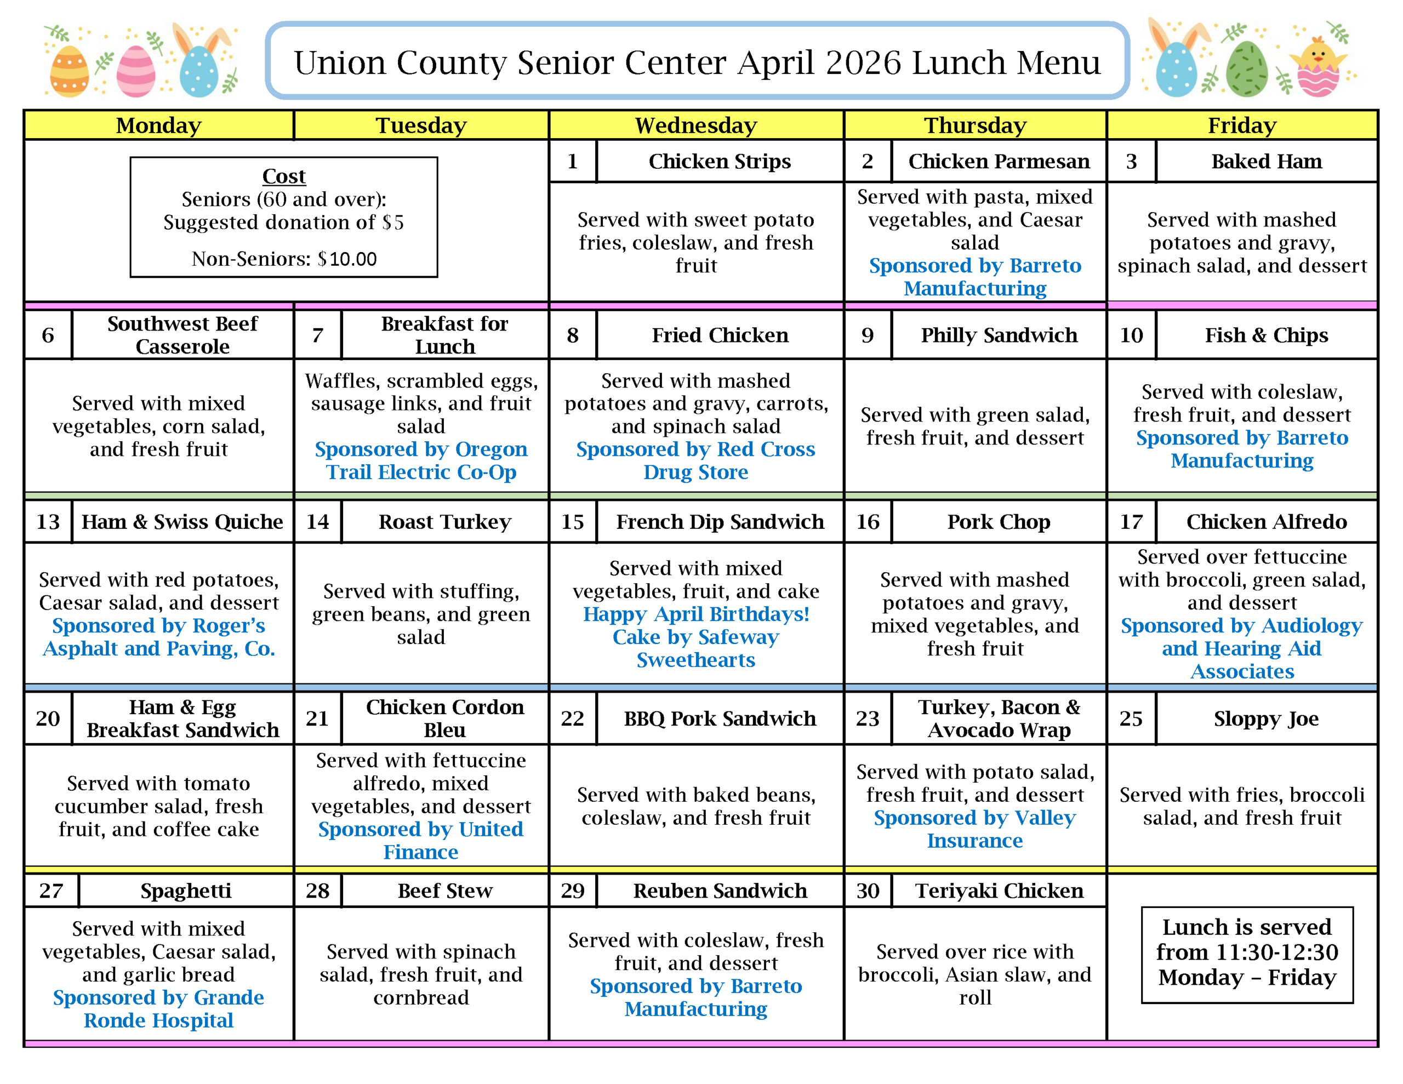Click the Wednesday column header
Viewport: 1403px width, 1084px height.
tap(695, 125)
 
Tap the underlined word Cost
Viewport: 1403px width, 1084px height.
tap(283, 176)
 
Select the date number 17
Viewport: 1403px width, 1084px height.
tap(1131, 521)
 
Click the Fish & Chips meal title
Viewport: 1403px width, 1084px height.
tap(1265, 335)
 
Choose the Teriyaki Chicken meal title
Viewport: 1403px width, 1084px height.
tap(999, 891)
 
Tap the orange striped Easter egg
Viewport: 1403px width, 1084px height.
tap(70, 71)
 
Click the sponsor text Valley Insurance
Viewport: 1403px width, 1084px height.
tap(974, 829)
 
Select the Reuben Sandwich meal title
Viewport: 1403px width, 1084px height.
tap(720, 891)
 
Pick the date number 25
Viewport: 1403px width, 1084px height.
tap(1131, 718)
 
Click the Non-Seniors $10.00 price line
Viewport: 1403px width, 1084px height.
tap(283, 259)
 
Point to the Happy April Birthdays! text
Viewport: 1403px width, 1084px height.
tap(695, 614)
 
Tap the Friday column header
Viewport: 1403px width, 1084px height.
tap(1241, 125)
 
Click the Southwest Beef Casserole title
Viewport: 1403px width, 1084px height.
tap(182, 335)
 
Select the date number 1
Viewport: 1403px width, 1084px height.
tap(572, 161)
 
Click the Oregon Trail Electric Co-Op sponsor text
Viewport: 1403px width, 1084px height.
tap(421, 461)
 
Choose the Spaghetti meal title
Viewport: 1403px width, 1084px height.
tap(186, 891)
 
